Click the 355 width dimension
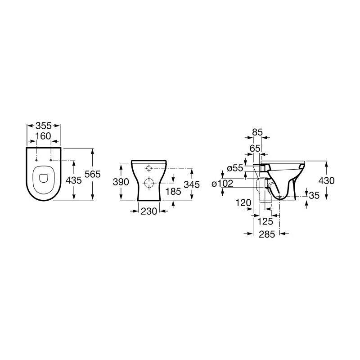(44, 126)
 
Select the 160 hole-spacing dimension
(43, 136)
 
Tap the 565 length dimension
(93, 174)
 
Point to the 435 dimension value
(74, 180)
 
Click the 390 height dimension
(121, 182)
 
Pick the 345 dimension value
(192, 184)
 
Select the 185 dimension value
(173, 191)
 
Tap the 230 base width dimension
(149, 211)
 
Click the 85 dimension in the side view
(257, 132)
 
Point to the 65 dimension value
(255, 148)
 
